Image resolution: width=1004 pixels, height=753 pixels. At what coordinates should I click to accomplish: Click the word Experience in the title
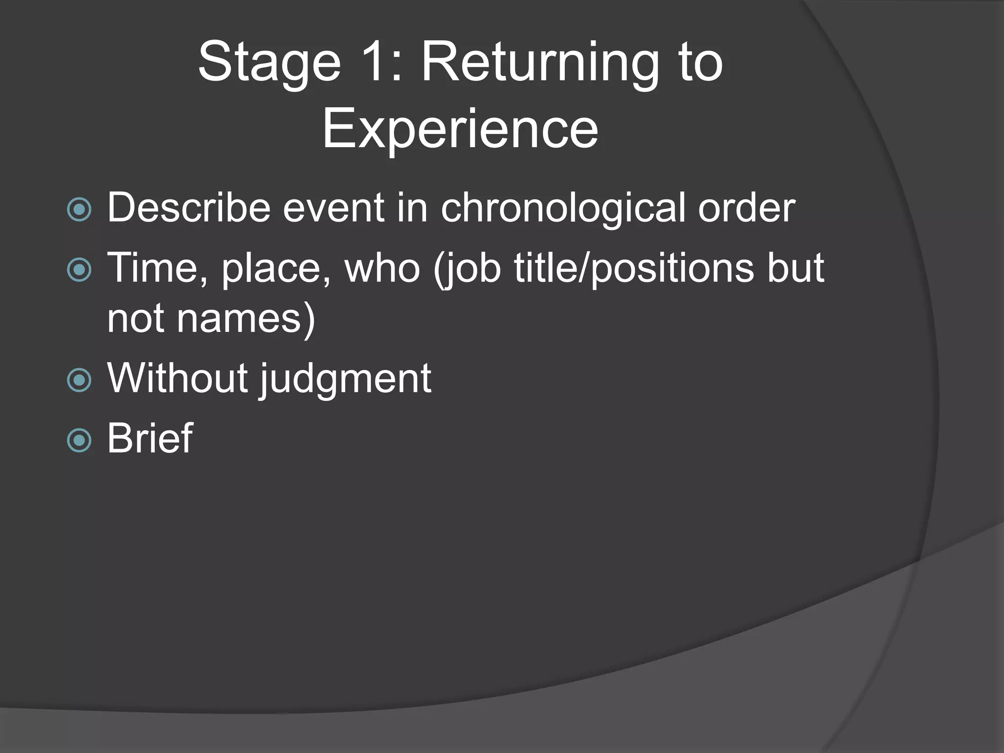pos(460,129)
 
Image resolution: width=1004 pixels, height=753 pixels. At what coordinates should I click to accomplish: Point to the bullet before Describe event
pos(79,210)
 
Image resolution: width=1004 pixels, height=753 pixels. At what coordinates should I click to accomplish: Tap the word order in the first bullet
pos(746,208)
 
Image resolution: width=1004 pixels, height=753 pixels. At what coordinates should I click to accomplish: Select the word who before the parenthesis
pos(382,268)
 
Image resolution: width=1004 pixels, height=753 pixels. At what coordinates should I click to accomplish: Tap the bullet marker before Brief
pos(79,440)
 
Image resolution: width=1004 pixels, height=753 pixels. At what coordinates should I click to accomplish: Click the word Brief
pos(150,438)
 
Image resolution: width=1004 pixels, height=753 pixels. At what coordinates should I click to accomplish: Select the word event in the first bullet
pos(333,208)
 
